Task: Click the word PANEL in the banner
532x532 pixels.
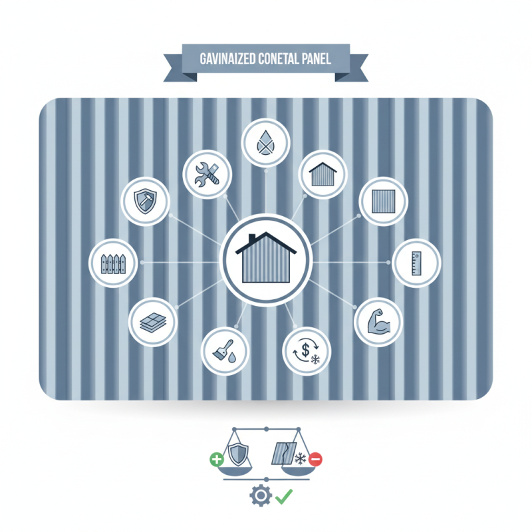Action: [x=315, y=59]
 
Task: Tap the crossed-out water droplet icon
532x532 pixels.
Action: [x=265, y=142]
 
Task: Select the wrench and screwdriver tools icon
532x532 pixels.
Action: [x=207, y=174]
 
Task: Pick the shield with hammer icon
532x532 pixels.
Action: [x=145, y=201]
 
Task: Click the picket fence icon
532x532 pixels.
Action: [x=113, y=263]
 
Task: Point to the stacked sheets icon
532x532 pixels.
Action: [x=153, y=323]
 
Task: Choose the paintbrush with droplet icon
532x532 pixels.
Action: [x=225, y=351]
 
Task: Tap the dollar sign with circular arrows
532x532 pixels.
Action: [x=307, y=351]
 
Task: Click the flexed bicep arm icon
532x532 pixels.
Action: [x=379, y=321]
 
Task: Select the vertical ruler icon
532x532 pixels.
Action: [x=416, y=263]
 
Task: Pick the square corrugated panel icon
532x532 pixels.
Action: [x=384, y=201]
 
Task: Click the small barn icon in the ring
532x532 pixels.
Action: [x=323, y=174]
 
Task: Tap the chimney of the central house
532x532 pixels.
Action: [x=252, y=239]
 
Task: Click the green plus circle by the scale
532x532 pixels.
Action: [x=217, y=460]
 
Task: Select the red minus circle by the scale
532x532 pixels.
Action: [x=315, y=460]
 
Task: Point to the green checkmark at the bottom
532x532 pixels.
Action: [x=284, y=496]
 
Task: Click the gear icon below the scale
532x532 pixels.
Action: [x=261, y=495]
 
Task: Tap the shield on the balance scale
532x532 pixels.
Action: [x=238, y=454]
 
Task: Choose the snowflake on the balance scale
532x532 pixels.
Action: [x=301, y=459]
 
